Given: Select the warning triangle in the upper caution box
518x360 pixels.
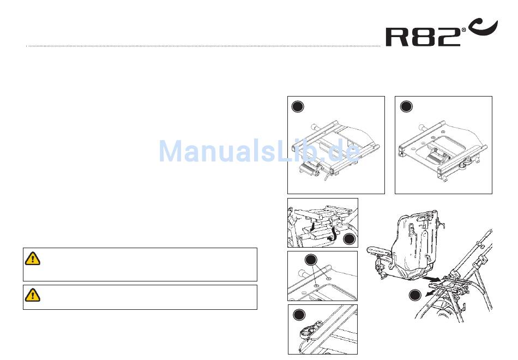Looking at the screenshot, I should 33,259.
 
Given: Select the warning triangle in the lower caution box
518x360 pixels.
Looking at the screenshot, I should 33,295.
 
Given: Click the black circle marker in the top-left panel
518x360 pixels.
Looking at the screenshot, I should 297,106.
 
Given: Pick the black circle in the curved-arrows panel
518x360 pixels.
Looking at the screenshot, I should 349,238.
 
